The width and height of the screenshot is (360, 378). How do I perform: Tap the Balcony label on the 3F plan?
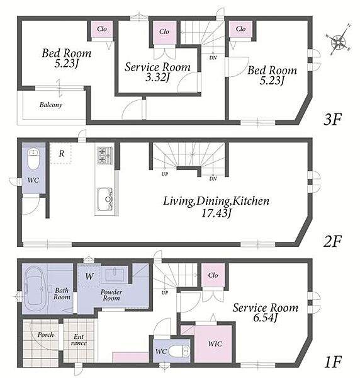tap(51, 105)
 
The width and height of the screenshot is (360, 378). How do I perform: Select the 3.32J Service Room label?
tap(157, 72)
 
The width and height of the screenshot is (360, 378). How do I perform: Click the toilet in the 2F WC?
tap(33, 159)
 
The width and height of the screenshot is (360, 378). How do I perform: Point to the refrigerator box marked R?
tap(61, 153)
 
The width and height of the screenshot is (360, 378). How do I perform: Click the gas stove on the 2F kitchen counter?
tap(104, 156)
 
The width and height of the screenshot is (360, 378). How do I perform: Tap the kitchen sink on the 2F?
tap(105, 199)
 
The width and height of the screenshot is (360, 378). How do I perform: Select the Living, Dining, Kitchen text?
tap(217, 201)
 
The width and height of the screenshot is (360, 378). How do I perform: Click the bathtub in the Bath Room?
tap(35, 289)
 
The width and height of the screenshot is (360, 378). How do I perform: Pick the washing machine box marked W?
tap(89, 276)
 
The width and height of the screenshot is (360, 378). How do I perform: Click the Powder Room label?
tap(111, 295)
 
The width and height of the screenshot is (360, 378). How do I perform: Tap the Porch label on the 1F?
tap(45, 335)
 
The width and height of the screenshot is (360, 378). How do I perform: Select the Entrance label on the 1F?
tap(79, 340)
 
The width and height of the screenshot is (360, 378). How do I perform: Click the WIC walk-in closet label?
tap(215, 344)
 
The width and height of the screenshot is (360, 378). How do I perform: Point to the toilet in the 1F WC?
tap(179, 352)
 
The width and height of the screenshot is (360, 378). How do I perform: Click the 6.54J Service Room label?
tap(266, 312)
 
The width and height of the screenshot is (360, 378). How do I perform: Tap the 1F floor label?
tap(333, 362)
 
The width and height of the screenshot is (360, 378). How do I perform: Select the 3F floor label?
tap(332, 119)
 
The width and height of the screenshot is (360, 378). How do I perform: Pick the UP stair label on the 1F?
tap(165, 293)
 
